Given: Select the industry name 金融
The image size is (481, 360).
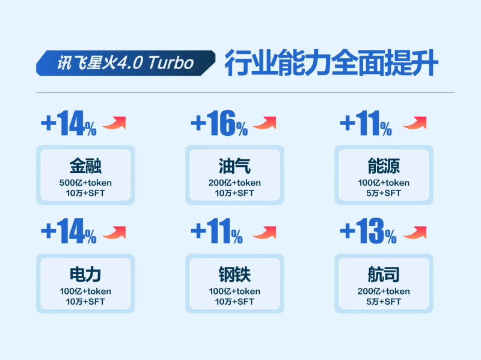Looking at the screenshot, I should pyautogui.click(x=85, y=166).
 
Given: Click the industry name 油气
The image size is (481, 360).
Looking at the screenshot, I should pyautogui.click(x=234, y=166).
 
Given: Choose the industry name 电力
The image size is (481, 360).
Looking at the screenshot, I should pyautogui.click(x=85, y=275).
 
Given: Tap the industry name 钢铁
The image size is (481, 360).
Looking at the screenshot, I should pyautogui.click(x=234, y=275).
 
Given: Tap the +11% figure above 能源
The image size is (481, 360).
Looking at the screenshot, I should pyautogui.click(x=366, y=124).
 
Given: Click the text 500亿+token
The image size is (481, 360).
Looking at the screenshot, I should pyautogui.click(x=85, y=183).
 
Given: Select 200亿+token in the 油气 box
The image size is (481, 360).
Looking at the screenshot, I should pyautogui.click(x=234, y=183).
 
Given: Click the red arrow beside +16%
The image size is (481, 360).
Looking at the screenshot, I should pyautogui.click(x=265, y=123).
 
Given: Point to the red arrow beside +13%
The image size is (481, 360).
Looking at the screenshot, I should pyautogui.click(x=414, y=232).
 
